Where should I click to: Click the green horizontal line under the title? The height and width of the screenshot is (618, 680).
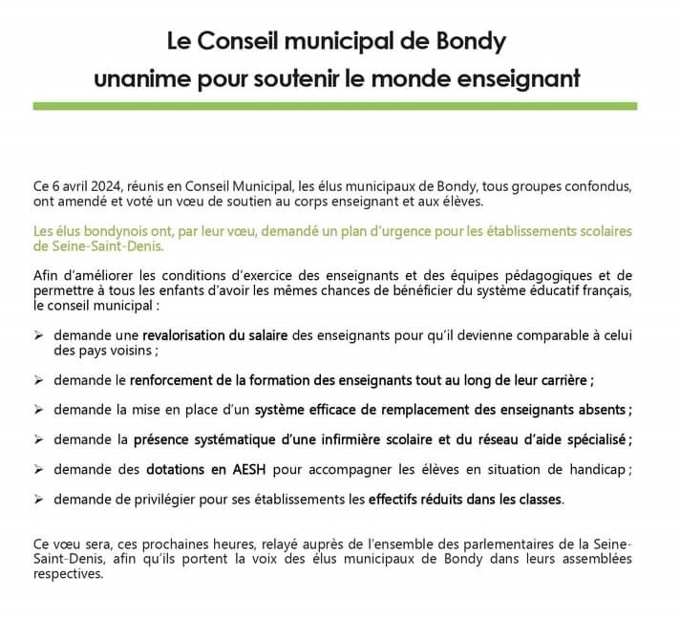(339, 106)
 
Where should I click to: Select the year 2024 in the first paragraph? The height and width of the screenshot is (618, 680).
(96, 184)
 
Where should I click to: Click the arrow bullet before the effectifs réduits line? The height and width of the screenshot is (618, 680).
(38, 499)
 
